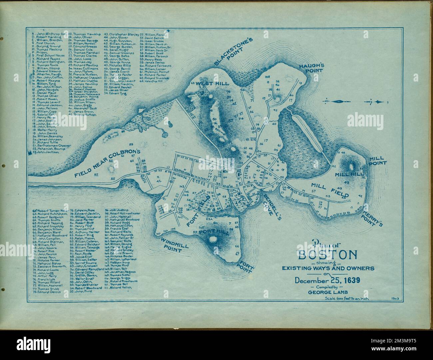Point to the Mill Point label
pos(377,161)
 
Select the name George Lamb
pos(328,293)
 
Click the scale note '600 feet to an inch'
pos(348,298)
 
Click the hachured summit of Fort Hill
pos(212,239)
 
